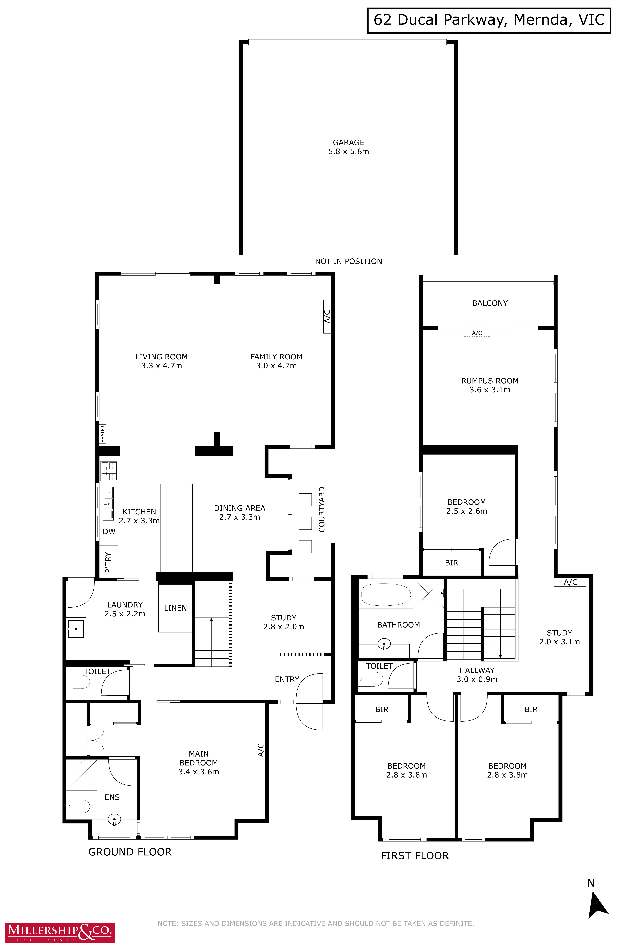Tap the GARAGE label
[x=349, y=142]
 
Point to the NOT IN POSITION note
[x=349, y=261]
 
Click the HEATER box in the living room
[x=103, y=434]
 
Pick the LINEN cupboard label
[x=175, y=608]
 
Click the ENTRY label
[x=287, y=679]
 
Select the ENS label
[x=112, y=797]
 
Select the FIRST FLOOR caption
[x=415, y=855]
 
